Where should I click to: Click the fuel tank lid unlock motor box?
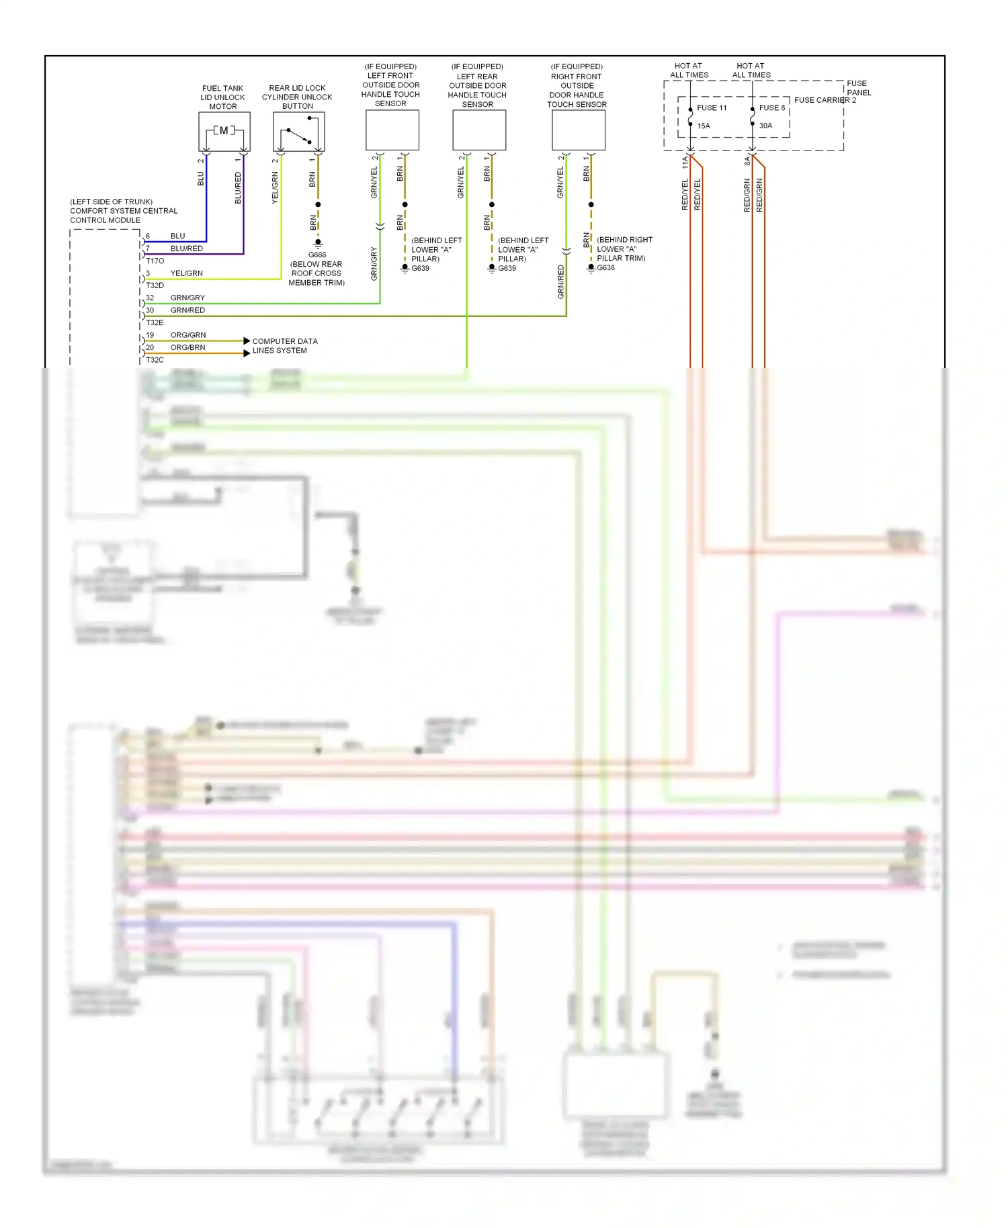[224, 131]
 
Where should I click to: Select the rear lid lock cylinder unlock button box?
[299, 131]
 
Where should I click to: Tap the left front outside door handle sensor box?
[392, 130]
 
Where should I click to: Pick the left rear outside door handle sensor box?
[479, 130]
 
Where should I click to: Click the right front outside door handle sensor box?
[579, 130]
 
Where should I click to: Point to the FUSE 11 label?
[712, 107]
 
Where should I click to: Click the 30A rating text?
[765, 126]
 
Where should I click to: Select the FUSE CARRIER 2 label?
[825, 100]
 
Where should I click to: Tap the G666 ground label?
[317, 255]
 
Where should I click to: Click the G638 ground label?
[605, 267]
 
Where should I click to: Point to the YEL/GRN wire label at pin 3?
[186, 273]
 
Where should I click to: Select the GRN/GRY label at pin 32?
[187, 298]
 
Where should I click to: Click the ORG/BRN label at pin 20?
[187, 347]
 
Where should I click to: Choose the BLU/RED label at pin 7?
[186, 249]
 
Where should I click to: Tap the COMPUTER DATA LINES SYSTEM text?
[284, 346]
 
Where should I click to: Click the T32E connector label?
[155, 322]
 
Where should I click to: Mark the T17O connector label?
[155, 261]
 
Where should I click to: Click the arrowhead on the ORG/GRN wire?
[247, 341]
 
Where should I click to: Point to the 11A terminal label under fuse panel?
[685, 162]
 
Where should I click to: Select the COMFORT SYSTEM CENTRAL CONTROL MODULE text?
[124, 211]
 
